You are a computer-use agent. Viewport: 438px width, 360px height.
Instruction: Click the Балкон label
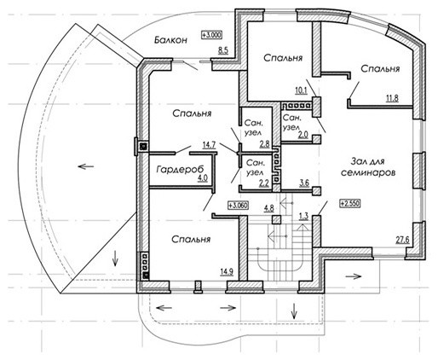tap(170, 40)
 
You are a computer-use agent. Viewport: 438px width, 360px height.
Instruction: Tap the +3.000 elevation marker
tap(211, 35)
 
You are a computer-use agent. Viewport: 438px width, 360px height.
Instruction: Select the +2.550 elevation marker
tap(350, 204)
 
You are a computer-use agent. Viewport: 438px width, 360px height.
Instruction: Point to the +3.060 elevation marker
tap(238, 205)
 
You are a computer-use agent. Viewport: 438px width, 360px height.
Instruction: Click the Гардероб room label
tap(180, 170)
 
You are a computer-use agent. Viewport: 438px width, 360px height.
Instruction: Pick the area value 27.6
tap(403, 240)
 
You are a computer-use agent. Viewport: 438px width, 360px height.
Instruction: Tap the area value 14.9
tap(227, 271)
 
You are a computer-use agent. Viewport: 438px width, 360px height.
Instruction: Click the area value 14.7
tap(209, 145)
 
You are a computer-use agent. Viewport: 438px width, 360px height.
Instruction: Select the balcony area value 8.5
tap(223, 51)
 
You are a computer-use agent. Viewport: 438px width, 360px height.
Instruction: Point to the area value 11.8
tap(392, 98)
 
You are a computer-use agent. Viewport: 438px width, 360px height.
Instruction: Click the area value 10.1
tap(301, 90)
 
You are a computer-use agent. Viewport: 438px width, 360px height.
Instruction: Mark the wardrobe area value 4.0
tap(203, 178)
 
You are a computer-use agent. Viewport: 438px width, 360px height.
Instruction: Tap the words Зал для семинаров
tap(368, 167)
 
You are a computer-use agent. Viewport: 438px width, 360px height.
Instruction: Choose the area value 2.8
tap(264, 144)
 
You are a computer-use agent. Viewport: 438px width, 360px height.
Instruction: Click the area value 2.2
tap(263, 183)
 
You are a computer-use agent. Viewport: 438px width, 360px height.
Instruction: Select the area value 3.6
tap(304, 183)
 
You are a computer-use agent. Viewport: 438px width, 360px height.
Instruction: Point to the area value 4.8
tap(269, 208)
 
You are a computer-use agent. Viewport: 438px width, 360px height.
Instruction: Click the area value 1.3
tap(303, 217)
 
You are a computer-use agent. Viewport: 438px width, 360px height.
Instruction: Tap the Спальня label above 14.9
tap(191, 239)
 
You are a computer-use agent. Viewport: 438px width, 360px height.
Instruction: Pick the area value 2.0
tap(303, 135)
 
